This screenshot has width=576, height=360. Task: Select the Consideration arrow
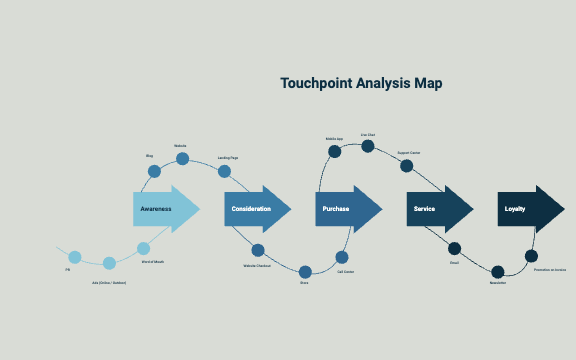click(x=256, y=209)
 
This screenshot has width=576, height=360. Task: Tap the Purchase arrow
click(x=348, y=209)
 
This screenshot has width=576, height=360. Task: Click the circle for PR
click(x=74, y=257)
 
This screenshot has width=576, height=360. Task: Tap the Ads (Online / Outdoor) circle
click(x=109, y=263)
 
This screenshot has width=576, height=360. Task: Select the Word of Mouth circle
click(x=143, y=248)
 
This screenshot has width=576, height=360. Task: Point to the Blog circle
click(x=154, y=171)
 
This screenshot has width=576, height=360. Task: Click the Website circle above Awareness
click(x=182, y=158)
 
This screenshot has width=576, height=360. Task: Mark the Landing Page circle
click(x=225, y=171)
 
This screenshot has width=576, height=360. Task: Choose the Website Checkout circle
click(x=258, y=250)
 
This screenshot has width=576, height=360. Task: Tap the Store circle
click(x=305, y=270)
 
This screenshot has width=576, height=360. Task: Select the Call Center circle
click(x=342, y=257)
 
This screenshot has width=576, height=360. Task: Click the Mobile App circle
click(x=335, y=152)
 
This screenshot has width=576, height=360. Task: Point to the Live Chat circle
click(x=367, y=146)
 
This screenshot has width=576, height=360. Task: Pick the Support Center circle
click(x=406, y=165)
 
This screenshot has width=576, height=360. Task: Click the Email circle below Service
click(x=454, y=248)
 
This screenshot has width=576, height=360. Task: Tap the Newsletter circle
click(x=497, y=271)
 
